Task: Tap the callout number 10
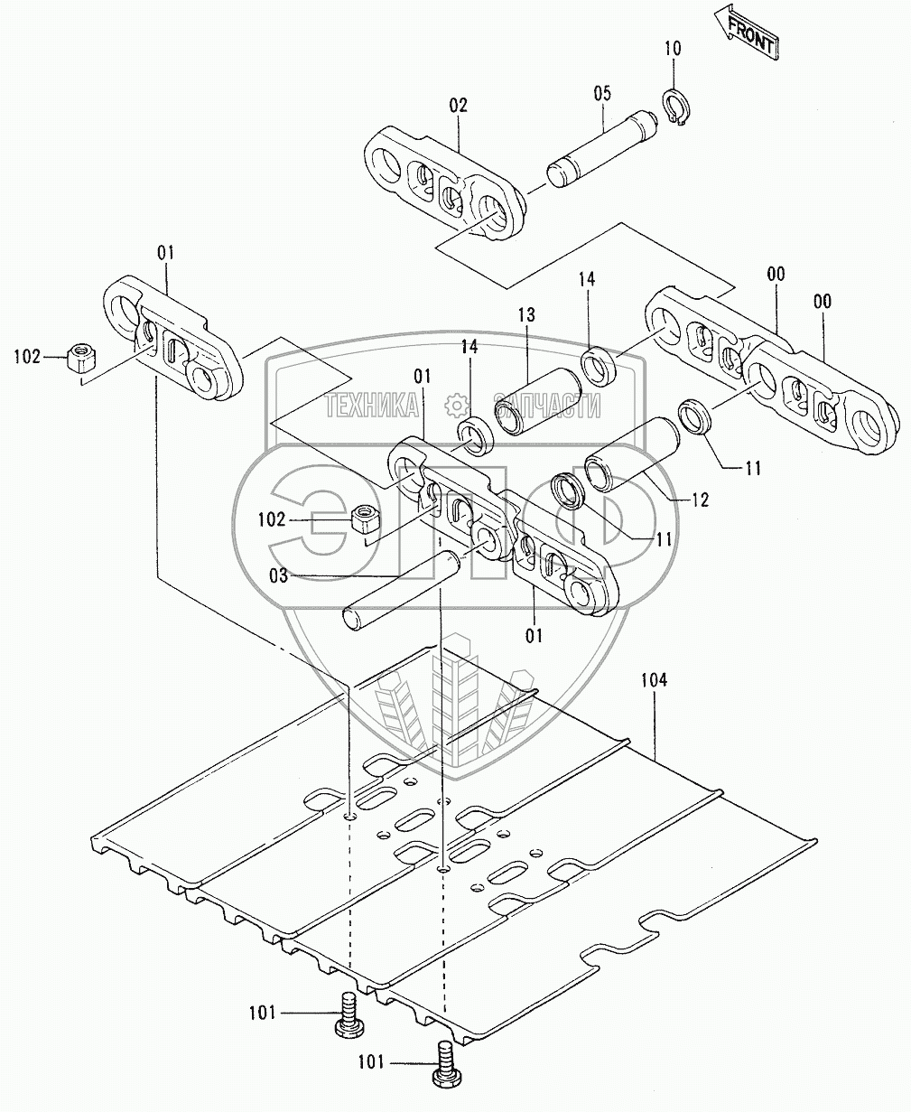pyautogui.click(x=674, y=48)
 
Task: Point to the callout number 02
pyautogui.click(x=459, y=106)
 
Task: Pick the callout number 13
pyautogui.click(x=526, y=315)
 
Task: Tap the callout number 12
pyautogui.click(x=699, y=500)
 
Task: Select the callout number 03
pyautogui.click(x=278, y=575)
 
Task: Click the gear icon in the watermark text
pyautogui.click(x=456, y=404)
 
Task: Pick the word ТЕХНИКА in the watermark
pyautogui.click(x=372, y=406)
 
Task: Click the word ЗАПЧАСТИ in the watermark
pyautogui.click(x=546, y=406)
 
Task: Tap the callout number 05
pyautogui.click(x=601, y=93)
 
